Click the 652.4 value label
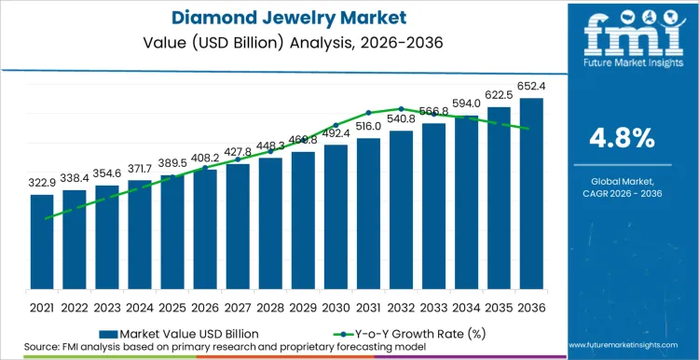[531, 88]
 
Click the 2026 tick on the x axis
[205, 307]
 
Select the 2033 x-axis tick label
[433, 307]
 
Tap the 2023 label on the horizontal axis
[107, 307]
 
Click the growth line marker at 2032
[401, 109]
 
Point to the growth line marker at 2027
[238, 159]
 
